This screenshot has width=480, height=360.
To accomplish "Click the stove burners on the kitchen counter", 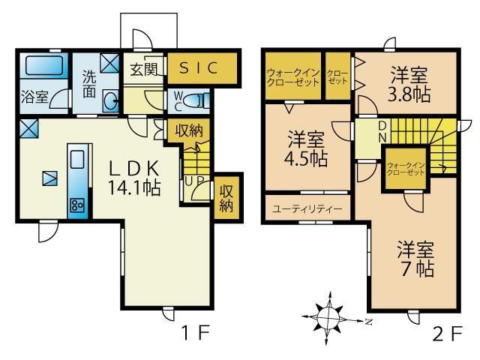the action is coord(77,205).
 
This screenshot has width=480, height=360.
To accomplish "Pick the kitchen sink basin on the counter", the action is coord(77,159).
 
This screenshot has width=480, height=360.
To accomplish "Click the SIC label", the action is coord(198,67).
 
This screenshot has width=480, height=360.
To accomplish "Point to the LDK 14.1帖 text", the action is coord(134,178).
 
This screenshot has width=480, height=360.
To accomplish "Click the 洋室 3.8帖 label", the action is coord(409,84).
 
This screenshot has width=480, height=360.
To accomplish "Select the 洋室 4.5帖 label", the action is coord(306,148).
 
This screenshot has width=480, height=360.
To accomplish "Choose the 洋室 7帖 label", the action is coord(415,259).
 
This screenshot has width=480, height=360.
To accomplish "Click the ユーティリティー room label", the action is coord(307,209).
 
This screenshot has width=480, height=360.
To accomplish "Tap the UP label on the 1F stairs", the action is coord(193,181).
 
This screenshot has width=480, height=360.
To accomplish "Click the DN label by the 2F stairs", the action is coord(382,132).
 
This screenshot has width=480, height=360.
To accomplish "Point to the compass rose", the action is coord(329,318).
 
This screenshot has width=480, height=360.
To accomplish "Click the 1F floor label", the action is coord(196,333).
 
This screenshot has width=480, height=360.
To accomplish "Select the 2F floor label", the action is coord(447,334).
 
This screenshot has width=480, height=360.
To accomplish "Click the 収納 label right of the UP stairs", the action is coord(226,198).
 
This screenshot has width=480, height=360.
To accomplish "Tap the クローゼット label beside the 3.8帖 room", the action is coord(337,77).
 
